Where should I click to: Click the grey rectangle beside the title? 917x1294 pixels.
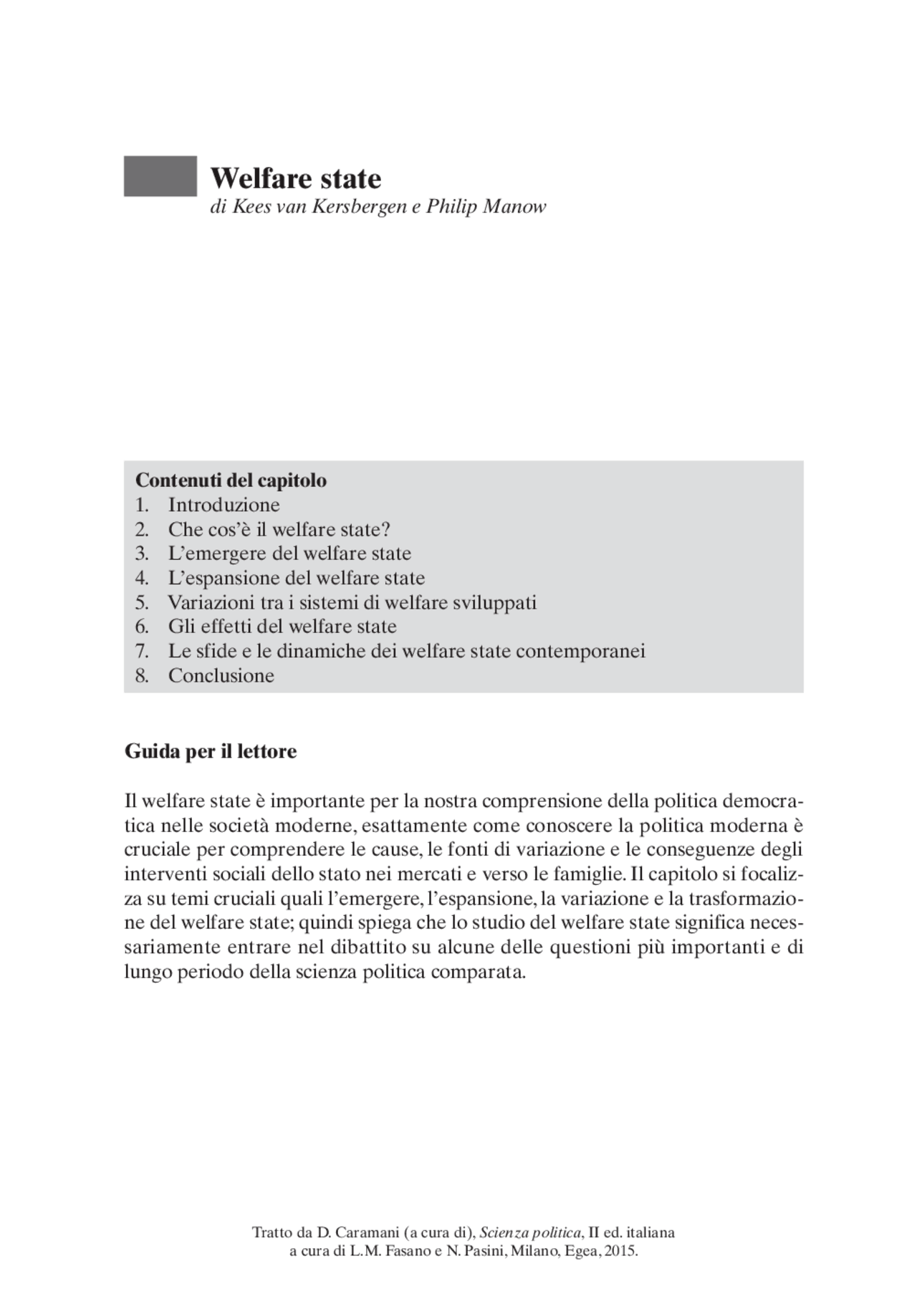[x=160, y=176]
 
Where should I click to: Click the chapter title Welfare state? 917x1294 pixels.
[x=295, y=178]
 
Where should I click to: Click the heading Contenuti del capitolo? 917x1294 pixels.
[x=231, y=480]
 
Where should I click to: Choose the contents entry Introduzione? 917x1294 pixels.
[x=224, y=505]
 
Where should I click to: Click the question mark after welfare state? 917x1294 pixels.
[x=386, y=529]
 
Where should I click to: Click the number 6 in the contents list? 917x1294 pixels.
[x=140, y=627]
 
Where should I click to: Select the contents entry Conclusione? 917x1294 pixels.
[x=221, y=675]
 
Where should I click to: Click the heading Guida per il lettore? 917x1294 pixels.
[x=211, y=752]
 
